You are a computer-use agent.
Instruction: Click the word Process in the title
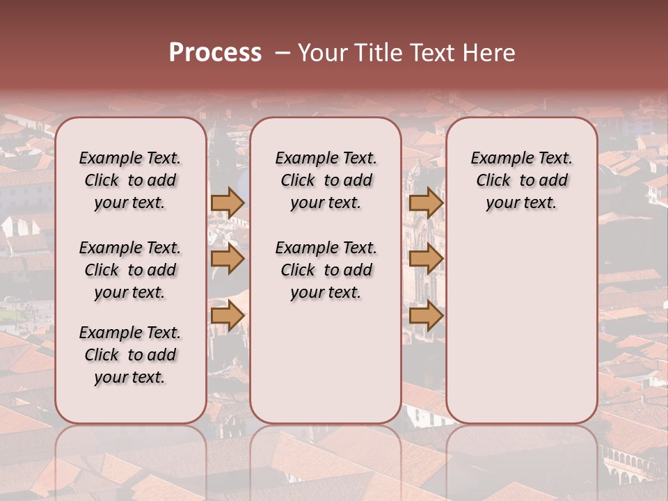pyautogui.click(x=215, y=53)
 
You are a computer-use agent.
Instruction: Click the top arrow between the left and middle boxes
pyautogui.click(x=227, y=202)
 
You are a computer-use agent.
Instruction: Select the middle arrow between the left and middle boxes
pyautogui.click(x=227, y=260)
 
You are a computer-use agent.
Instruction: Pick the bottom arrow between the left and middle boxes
pyautogui.click(x=227, y=316)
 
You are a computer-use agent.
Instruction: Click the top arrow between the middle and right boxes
pyautogui.click(x=426, y=202)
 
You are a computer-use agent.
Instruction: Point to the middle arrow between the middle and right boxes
pyautogui.click(x=426, y=260)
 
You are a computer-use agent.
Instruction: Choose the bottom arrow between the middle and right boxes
pyautogui.click(x=426, y=316)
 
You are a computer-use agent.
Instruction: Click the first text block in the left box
pyautogui.click(x=130, y=180)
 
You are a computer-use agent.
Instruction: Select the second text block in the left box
pyautogui.click(x=130, y=270)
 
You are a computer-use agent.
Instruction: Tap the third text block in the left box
pyautogui.click(x=130, y=355)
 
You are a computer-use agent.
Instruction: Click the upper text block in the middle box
pyautogui.click(x=326, y=180)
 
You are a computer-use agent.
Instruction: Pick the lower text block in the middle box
pyautogui.click(x=326, y=270)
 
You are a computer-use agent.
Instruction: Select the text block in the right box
pyautogui.click(x=521, y=180)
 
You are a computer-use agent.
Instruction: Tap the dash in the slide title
pyautogui.click(x=282, y=53)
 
